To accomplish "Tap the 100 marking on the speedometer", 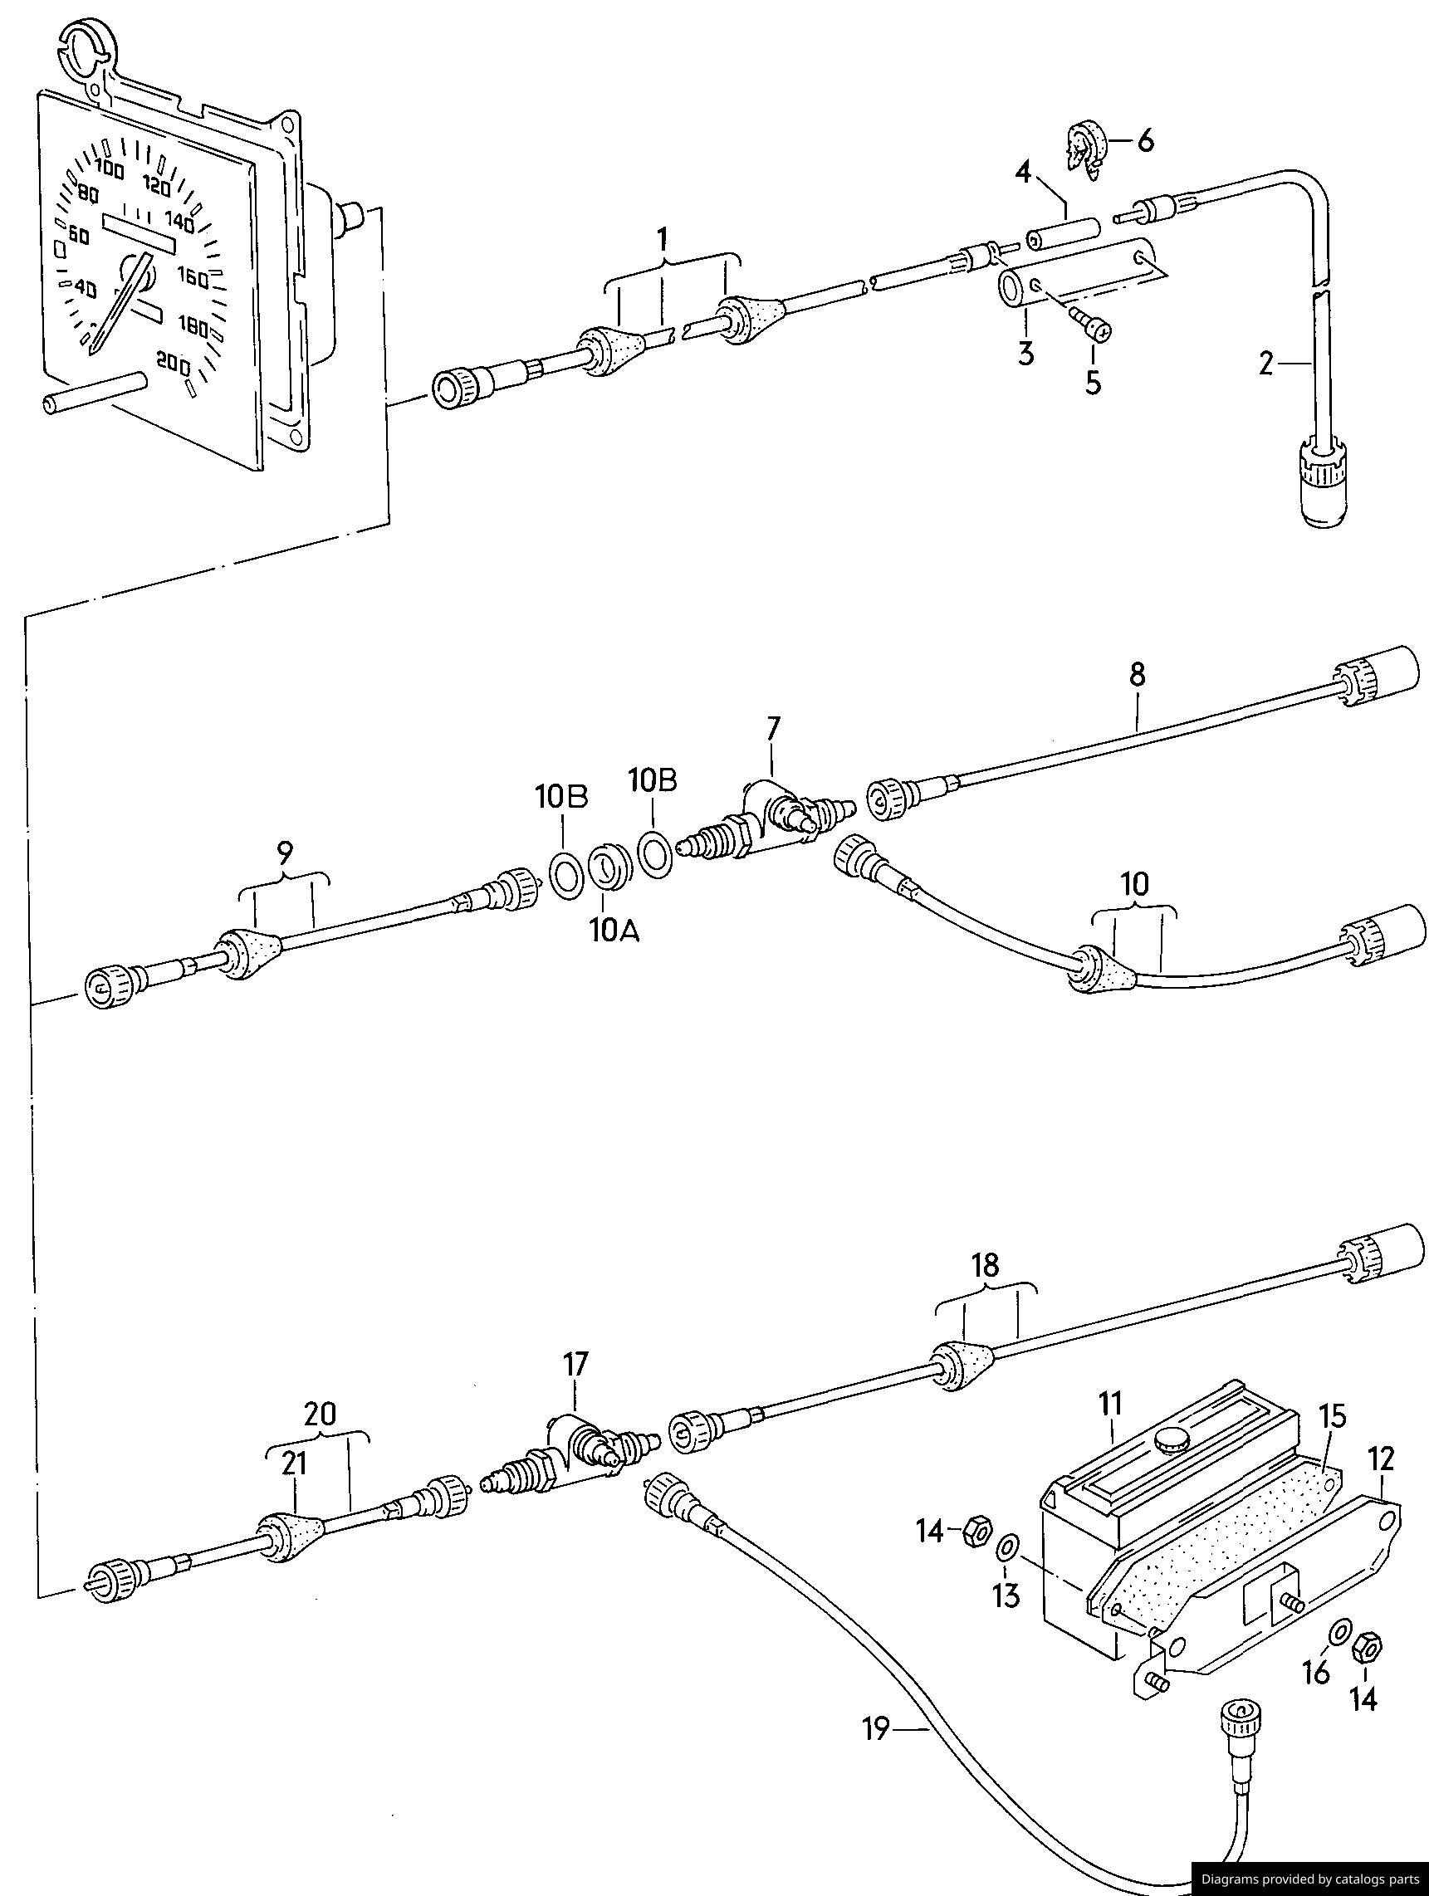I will [x=110, y=168].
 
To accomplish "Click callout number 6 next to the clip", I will [x=1145, y=140].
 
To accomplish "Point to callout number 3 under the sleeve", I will [x=1026, y=352].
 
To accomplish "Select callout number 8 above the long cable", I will [x=1137, y=675].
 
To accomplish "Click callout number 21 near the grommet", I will [x=295, y=1465].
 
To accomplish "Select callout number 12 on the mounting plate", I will [x=1382, y=1459].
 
